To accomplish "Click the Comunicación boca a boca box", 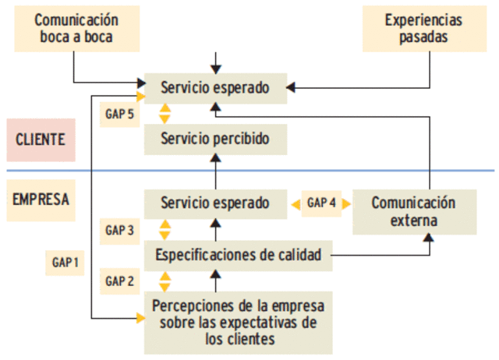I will click(76, 29).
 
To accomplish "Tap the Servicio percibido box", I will click(216, 140).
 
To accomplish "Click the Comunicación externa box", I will click(413, 211).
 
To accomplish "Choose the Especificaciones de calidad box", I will click(238, 255).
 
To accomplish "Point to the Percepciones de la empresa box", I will click(238, 320).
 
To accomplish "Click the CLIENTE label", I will click(41, 140).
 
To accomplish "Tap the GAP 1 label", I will click(65, 263).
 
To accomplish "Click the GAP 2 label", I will click(120, 281).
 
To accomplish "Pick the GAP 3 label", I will click(120, 230).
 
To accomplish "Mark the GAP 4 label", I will click(322, 203).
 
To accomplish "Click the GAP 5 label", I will click(120, 113).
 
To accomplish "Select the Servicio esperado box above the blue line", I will click(216, 88).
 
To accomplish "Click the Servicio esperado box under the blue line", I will click(216, 203).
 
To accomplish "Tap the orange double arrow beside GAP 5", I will click(165, 114).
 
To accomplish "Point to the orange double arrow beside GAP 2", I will click(165, 281).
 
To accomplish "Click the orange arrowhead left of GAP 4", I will click(296, 203).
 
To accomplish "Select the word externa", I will click(413, 221).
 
